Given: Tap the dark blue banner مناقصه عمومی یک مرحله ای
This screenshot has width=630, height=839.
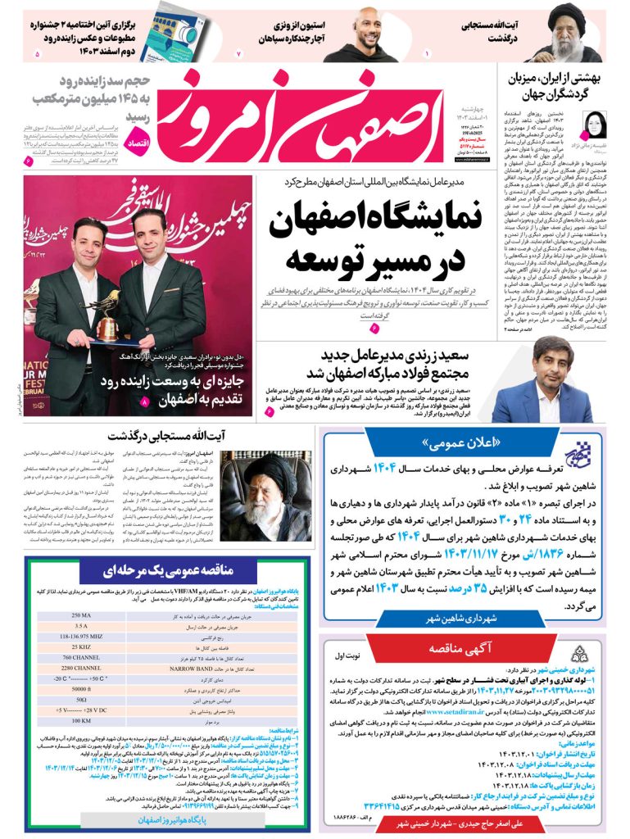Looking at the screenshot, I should tap(168, 569).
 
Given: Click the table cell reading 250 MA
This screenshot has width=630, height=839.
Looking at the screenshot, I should tap(82, 615).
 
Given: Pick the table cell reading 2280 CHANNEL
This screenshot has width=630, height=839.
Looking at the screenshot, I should tap(82, 667).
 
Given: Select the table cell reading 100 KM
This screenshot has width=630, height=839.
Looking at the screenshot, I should tap(82, 720).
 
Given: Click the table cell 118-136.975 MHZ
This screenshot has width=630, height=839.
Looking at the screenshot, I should tap(82, 636).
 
